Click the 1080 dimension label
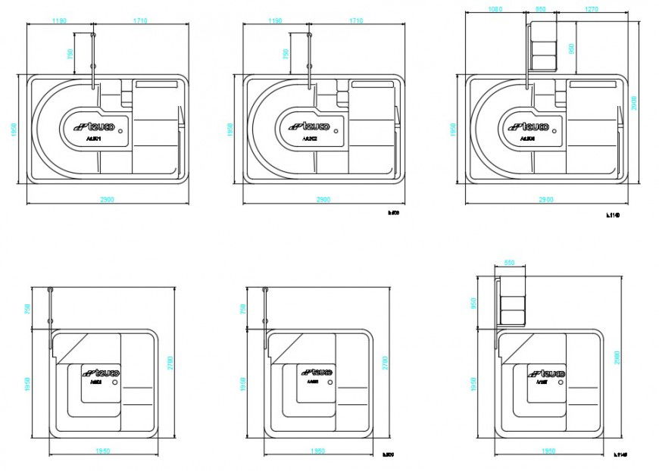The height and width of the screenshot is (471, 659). [495, 10]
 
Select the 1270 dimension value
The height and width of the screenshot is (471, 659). [593, 10]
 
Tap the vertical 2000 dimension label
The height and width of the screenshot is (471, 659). [635, 102]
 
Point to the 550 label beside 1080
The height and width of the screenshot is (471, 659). [540, 10]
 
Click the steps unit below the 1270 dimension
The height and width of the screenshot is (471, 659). [544, 46]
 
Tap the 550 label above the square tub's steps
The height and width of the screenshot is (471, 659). [510, 262]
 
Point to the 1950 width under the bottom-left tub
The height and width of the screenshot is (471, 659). [104, 451]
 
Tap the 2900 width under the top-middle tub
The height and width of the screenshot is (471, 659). [321, 198]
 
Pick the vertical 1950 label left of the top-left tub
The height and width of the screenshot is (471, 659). [14, 129]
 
